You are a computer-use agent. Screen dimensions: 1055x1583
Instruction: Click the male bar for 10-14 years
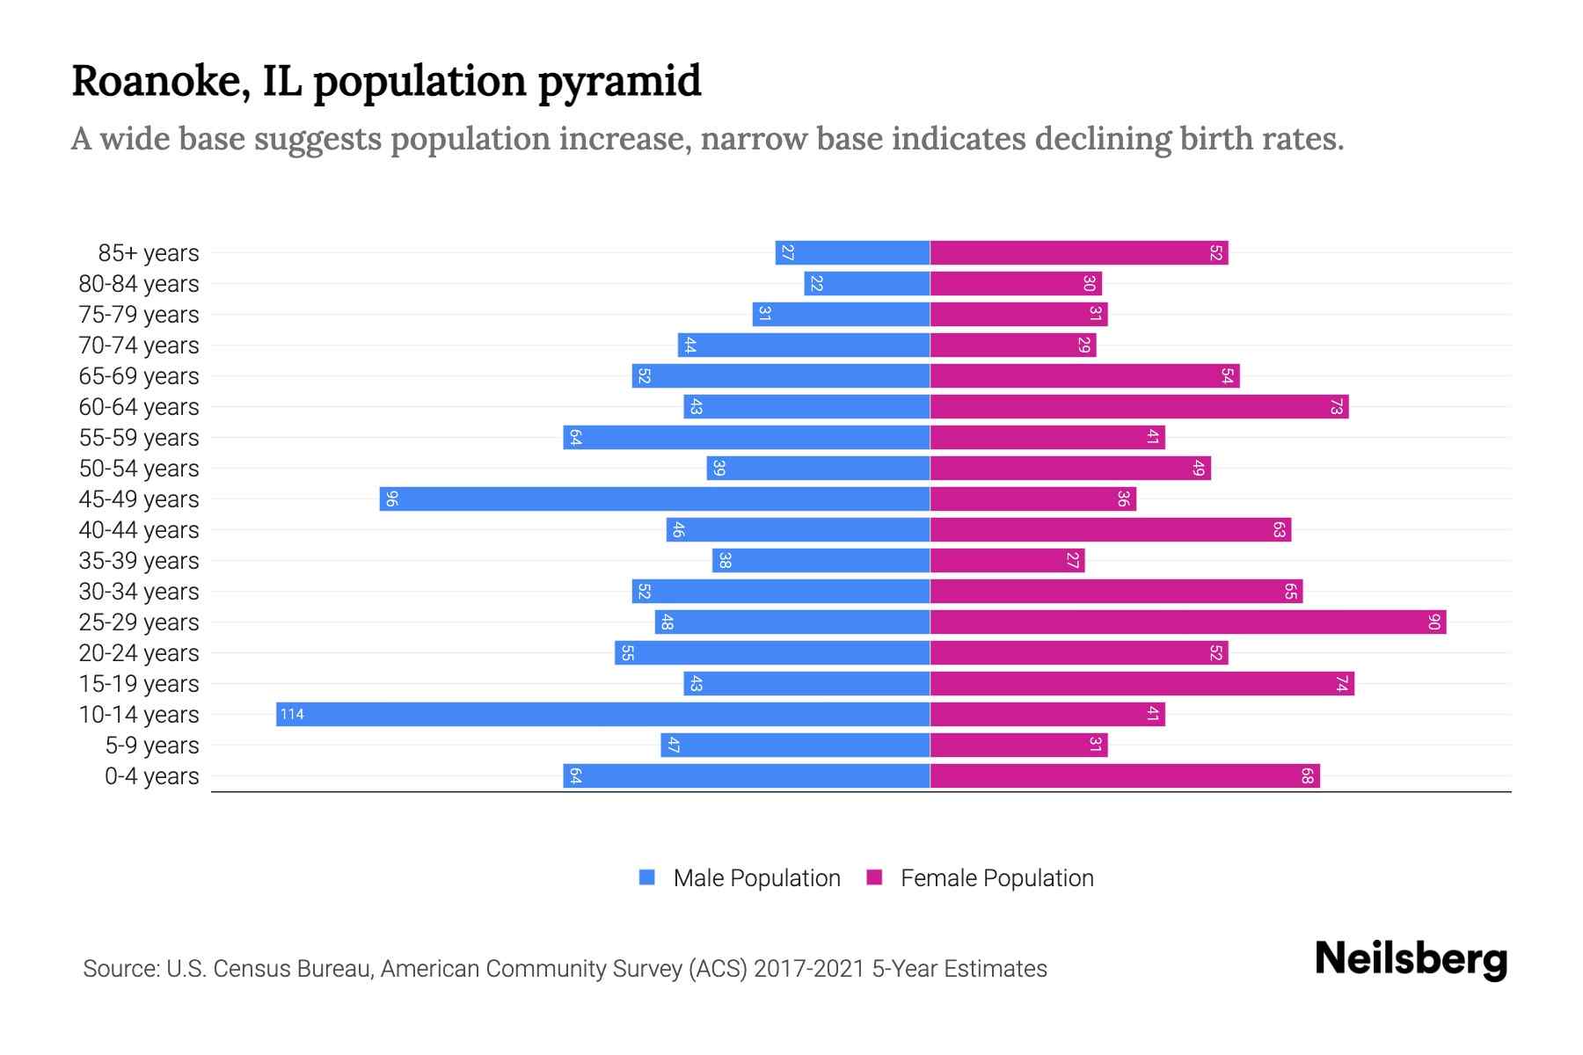click(x=603, y=714)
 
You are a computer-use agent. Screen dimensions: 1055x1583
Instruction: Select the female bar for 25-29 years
click(x=1187, y=622)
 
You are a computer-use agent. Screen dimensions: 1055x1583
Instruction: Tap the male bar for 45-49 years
click(x=655, y=499)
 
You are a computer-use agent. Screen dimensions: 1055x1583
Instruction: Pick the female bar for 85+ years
click(x=1079, y=253)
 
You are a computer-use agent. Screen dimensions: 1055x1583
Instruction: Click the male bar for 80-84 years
click(x=867, y=284)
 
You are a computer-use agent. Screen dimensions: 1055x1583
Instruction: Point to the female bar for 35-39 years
click(x=1007, y=561)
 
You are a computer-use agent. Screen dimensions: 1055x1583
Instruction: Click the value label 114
click(x=292, y=715)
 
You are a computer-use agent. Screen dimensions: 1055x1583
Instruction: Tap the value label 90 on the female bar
click(x=1433, y=622)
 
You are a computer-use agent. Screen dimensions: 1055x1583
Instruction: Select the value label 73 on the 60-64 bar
click(x=1336, y=407)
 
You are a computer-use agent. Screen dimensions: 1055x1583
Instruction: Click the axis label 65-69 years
click(x=139, y=376)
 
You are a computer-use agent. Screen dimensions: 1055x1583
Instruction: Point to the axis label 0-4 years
click(x=151, y=776)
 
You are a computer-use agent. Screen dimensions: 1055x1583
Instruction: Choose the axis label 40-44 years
click(x=139, y=530)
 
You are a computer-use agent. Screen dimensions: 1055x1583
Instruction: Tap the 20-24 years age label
click(x=139, y=653)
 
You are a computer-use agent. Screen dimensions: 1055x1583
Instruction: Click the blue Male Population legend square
click(x=647, y=877)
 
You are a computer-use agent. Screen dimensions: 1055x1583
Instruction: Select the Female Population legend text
click(x=996, y=878)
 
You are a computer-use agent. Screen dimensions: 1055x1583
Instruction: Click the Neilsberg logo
click(x=1411, y=959)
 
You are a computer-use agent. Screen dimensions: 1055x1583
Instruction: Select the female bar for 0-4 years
click(x=1125, y=776)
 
